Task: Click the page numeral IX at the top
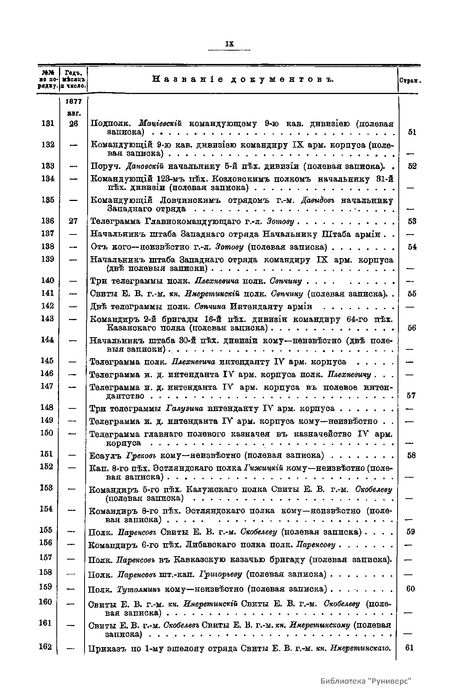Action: click(x=229, y=44)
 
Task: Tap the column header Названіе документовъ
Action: click(x=243, y=79)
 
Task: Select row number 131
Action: click(x=48, y=123)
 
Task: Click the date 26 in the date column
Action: click(x=74, y=123)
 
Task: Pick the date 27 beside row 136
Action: click(x=74, y=221)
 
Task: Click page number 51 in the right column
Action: click(x=411, y=132)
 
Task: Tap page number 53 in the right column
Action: click(x=411, y=221)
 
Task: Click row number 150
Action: click(x=46, y=432)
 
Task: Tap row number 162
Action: click(x=45, y=646)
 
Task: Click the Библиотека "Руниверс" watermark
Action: click(x=366, y=681)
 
